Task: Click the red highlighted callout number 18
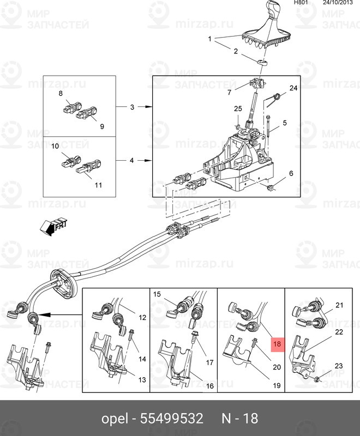click(277, 344)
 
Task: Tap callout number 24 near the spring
click(293, 88)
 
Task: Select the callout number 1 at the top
click(209, 39)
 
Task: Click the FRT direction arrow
click(53, 226)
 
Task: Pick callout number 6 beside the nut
click(291, 173)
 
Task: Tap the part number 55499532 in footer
click(171, 419)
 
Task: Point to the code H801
click(301, 3)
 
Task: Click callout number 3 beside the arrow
click(131, 107)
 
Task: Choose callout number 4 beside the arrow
click(131, 161)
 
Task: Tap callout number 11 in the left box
click(98, 185)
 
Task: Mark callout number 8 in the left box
click(61, 94)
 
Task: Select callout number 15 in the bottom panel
click(157, 294)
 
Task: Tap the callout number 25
click(237, 109)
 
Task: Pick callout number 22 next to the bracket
click(338, 331)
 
